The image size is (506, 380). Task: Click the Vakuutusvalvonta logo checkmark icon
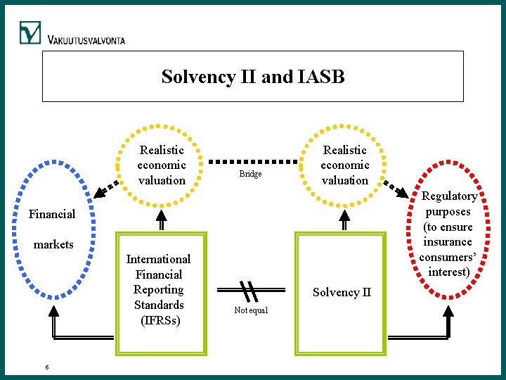[30, 33]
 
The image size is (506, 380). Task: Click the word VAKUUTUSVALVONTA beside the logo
[86, 40]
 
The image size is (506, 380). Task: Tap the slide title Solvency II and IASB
[253, 76]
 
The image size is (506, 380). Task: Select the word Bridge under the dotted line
[250, 174]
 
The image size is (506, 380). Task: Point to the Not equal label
[251, 310]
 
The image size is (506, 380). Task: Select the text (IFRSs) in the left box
[160, 320]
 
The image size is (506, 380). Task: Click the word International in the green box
[158, 259]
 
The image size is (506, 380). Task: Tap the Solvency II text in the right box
[342, 292]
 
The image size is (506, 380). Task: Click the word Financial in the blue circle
[51, 214]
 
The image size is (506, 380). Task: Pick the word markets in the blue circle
[53, 245]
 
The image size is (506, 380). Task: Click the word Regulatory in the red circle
[449, 196]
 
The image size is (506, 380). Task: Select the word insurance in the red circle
[448, 242]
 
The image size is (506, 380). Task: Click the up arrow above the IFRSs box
[161, 222]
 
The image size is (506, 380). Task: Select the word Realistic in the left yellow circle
[162, 150]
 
